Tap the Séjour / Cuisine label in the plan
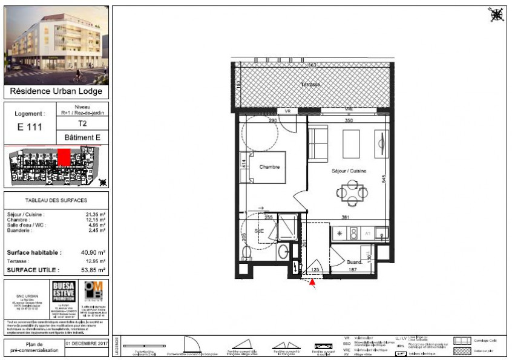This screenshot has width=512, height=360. coord(349,171)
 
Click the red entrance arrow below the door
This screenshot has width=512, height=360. coord(313,280)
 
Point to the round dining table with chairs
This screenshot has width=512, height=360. coord(352,193)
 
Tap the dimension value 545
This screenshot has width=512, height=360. coord(384,180)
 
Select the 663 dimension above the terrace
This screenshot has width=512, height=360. coord(312,65)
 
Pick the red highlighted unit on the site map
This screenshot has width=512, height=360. coord(63,157)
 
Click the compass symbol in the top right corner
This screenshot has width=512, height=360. coord(496,15)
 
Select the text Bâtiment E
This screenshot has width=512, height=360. coord(82,138)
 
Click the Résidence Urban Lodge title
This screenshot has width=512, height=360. coord(57,92)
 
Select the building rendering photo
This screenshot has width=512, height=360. coord(56,45)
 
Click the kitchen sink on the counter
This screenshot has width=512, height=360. coord(380,233)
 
